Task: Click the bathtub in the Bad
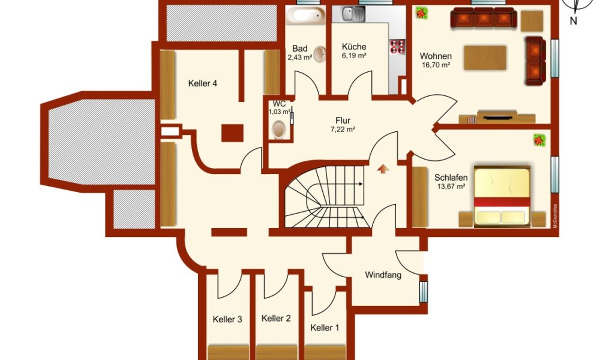point(306,16)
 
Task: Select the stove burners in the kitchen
point(397,47)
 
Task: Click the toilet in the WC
point(278,130)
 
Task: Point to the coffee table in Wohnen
point(485,58)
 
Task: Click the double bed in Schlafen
point(502,196)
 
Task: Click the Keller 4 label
point(203,83)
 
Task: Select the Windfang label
point(383,275)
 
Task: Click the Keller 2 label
point(276,318)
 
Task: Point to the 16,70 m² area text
point(436,65)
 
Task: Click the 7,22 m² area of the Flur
point(343,130)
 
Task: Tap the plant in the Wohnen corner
point(422,13)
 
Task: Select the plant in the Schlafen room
point(539,140)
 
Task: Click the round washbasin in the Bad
point(320,54)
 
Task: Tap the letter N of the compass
point(573,21)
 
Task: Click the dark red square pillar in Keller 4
point(233,133)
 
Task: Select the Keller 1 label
point(325,328)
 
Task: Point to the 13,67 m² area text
point(451,187)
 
